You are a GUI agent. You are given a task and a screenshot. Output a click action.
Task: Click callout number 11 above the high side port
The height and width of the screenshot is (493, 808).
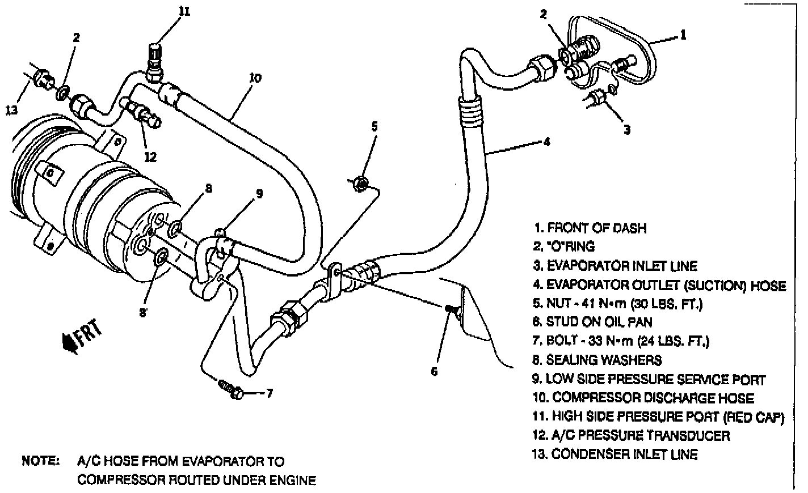[x=184, y=11]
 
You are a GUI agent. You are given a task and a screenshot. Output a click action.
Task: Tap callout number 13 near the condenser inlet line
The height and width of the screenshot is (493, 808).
[x=12, y=110]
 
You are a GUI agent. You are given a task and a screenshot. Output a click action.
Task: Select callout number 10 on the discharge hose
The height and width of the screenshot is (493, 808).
[x=255, y=78]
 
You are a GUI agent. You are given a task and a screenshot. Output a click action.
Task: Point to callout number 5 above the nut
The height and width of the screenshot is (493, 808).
[x=374, y=126]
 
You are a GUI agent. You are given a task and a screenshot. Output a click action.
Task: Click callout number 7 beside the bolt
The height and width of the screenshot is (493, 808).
[x=270, y=393]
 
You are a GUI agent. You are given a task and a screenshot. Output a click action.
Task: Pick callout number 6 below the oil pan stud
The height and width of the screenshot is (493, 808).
[x=435, y=372]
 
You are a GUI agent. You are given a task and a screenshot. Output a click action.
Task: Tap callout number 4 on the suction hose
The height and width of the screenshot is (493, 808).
[x=546, y=142]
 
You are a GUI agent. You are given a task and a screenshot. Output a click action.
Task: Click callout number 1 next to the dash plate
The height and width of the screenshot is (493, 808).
[x=683, y=35]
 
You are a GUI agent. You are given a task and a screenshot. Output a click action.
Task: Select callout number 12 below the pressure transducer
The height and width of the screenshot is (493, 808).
[x=150, y=156]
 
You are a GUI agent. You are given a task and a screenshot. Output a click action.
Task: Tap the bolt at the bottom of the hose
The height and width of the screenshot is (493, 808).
[x=230, y=389]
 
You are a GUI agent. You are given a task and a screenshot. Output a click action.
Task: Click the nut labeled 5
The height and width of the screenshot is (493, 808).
[x=360, y=182]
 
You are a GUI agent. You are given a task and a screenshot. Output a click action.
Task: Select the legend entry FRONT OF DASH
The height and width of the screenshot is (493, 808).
[x=590, y=228]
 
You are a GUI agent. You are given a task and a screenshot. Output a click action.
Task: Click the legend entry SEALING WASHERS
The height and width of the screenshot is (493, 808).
[x=597, y=360]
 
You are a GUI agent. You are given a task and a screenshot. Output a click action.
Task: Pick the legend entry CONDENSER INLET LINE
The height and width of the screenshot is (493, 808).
[x=616, y=454]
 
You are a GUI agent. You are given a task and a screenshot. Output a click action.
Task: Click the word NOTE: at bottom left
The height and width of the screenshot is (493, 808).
[x=40, y=461]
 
